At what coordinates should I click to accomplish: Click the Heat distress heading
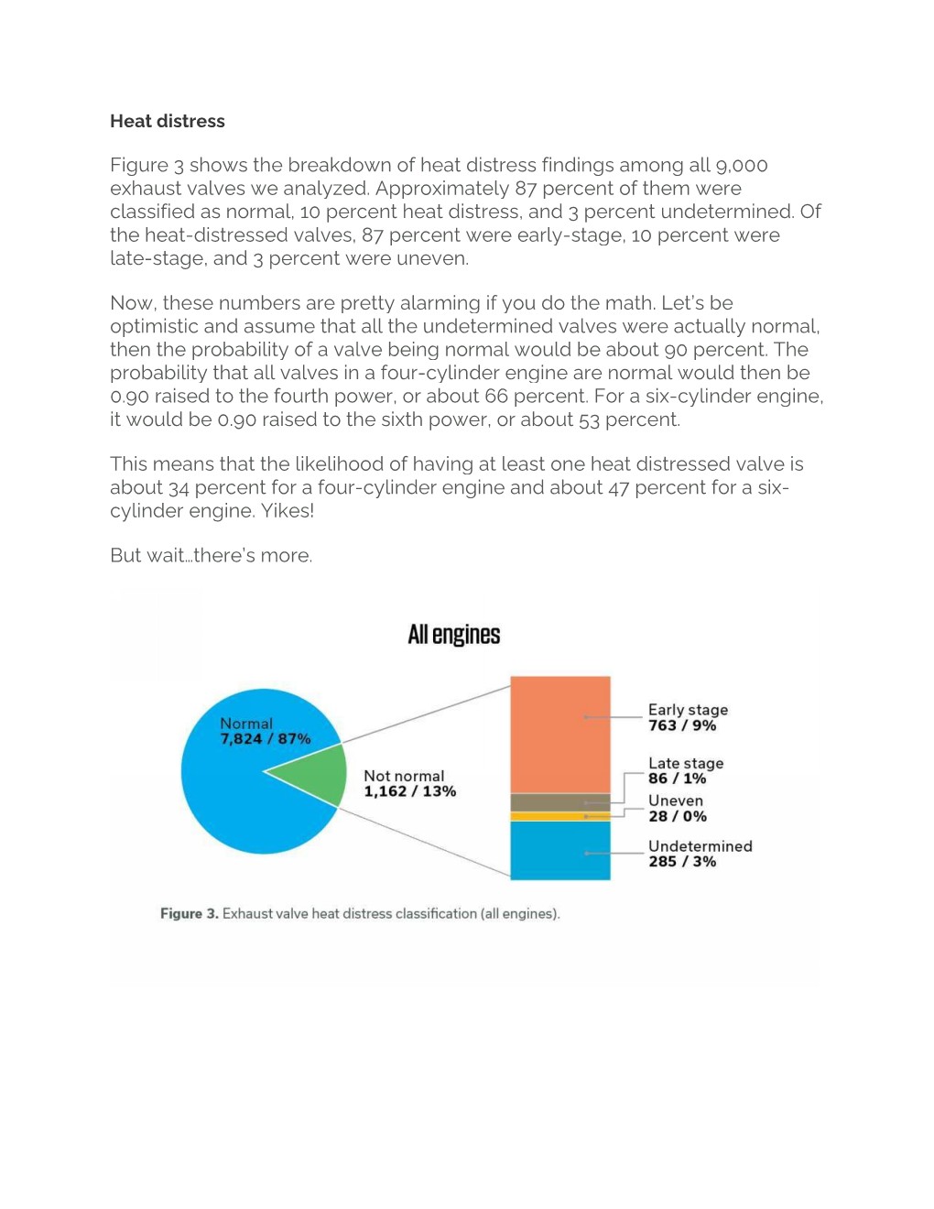[x=167, y=121]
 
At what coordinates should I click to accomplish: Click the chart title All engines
[x=453, y=635]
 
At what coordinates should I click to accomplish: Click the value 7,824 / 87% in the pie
[x=265, y=739]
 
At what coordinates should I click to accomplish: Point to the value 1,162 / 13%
[x=409, y=791]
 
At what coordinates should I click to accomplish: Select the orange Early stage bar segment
[x=559, y=733]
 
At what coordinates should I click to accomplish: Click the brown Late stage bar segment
[x=559, y=802]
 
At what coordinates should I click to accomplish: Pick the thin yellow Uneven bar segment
[x=559, y=816]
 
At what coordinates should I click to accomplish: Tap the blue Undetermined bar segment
[x=559, y=851]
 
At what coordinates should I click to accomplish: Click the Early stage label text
[x=688, y=710]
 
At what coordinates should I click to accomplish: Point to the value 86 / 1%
[x=677, y=779]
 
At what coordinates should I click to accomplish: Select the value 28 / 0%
[x=677, y=816]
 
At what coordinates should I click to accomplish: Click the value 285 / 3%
[x=681, y=862]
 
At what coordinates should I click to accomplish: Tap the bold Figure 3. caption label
[x=189, y=914]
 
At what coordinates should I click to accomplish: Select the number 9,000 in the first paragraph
[x=741, y=166]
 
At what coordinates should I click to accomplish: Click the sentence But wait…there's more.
[x=211, y=556]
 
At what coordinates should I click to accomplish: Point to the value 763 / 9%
[x=681, y=725]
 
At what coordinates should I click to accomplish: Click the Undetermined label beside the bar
[x=700, y=846]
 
